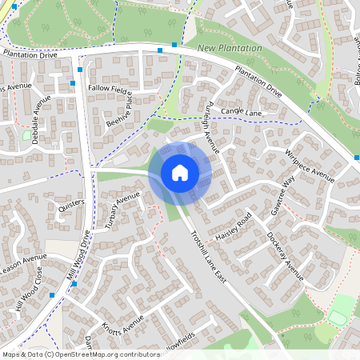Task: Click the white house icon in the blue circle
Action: (180, 173)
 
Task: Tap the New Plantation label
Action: (230, 49)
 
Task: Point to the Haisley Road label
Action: (234, 227)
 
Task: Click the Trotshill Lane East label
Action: (210, 256)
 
